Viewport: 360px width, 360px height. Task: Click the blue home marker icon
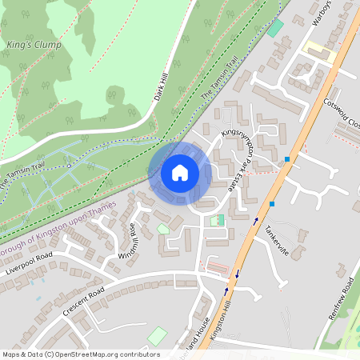pyautogui.click(x=180, y=173)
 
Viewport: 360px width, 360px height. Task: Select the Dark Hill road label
pyautogui.click(x=162, y=90)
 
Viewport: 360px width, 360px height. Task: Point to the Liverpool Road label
pyautogui.click(x=28, y=263)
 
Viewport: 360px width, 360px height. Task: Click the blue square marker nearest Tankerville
pyautogui.click(x=272, y=204)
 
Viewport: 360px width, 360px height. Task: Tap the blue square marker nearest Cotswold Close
pyautogui.click(x=286, y=159)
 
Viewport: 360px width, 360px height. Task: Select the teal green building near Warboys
pyautogui.click(x=276, y=28)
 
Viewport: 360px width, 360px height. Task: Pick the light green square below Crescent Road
pyautogui.click(x=158, y=336)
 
